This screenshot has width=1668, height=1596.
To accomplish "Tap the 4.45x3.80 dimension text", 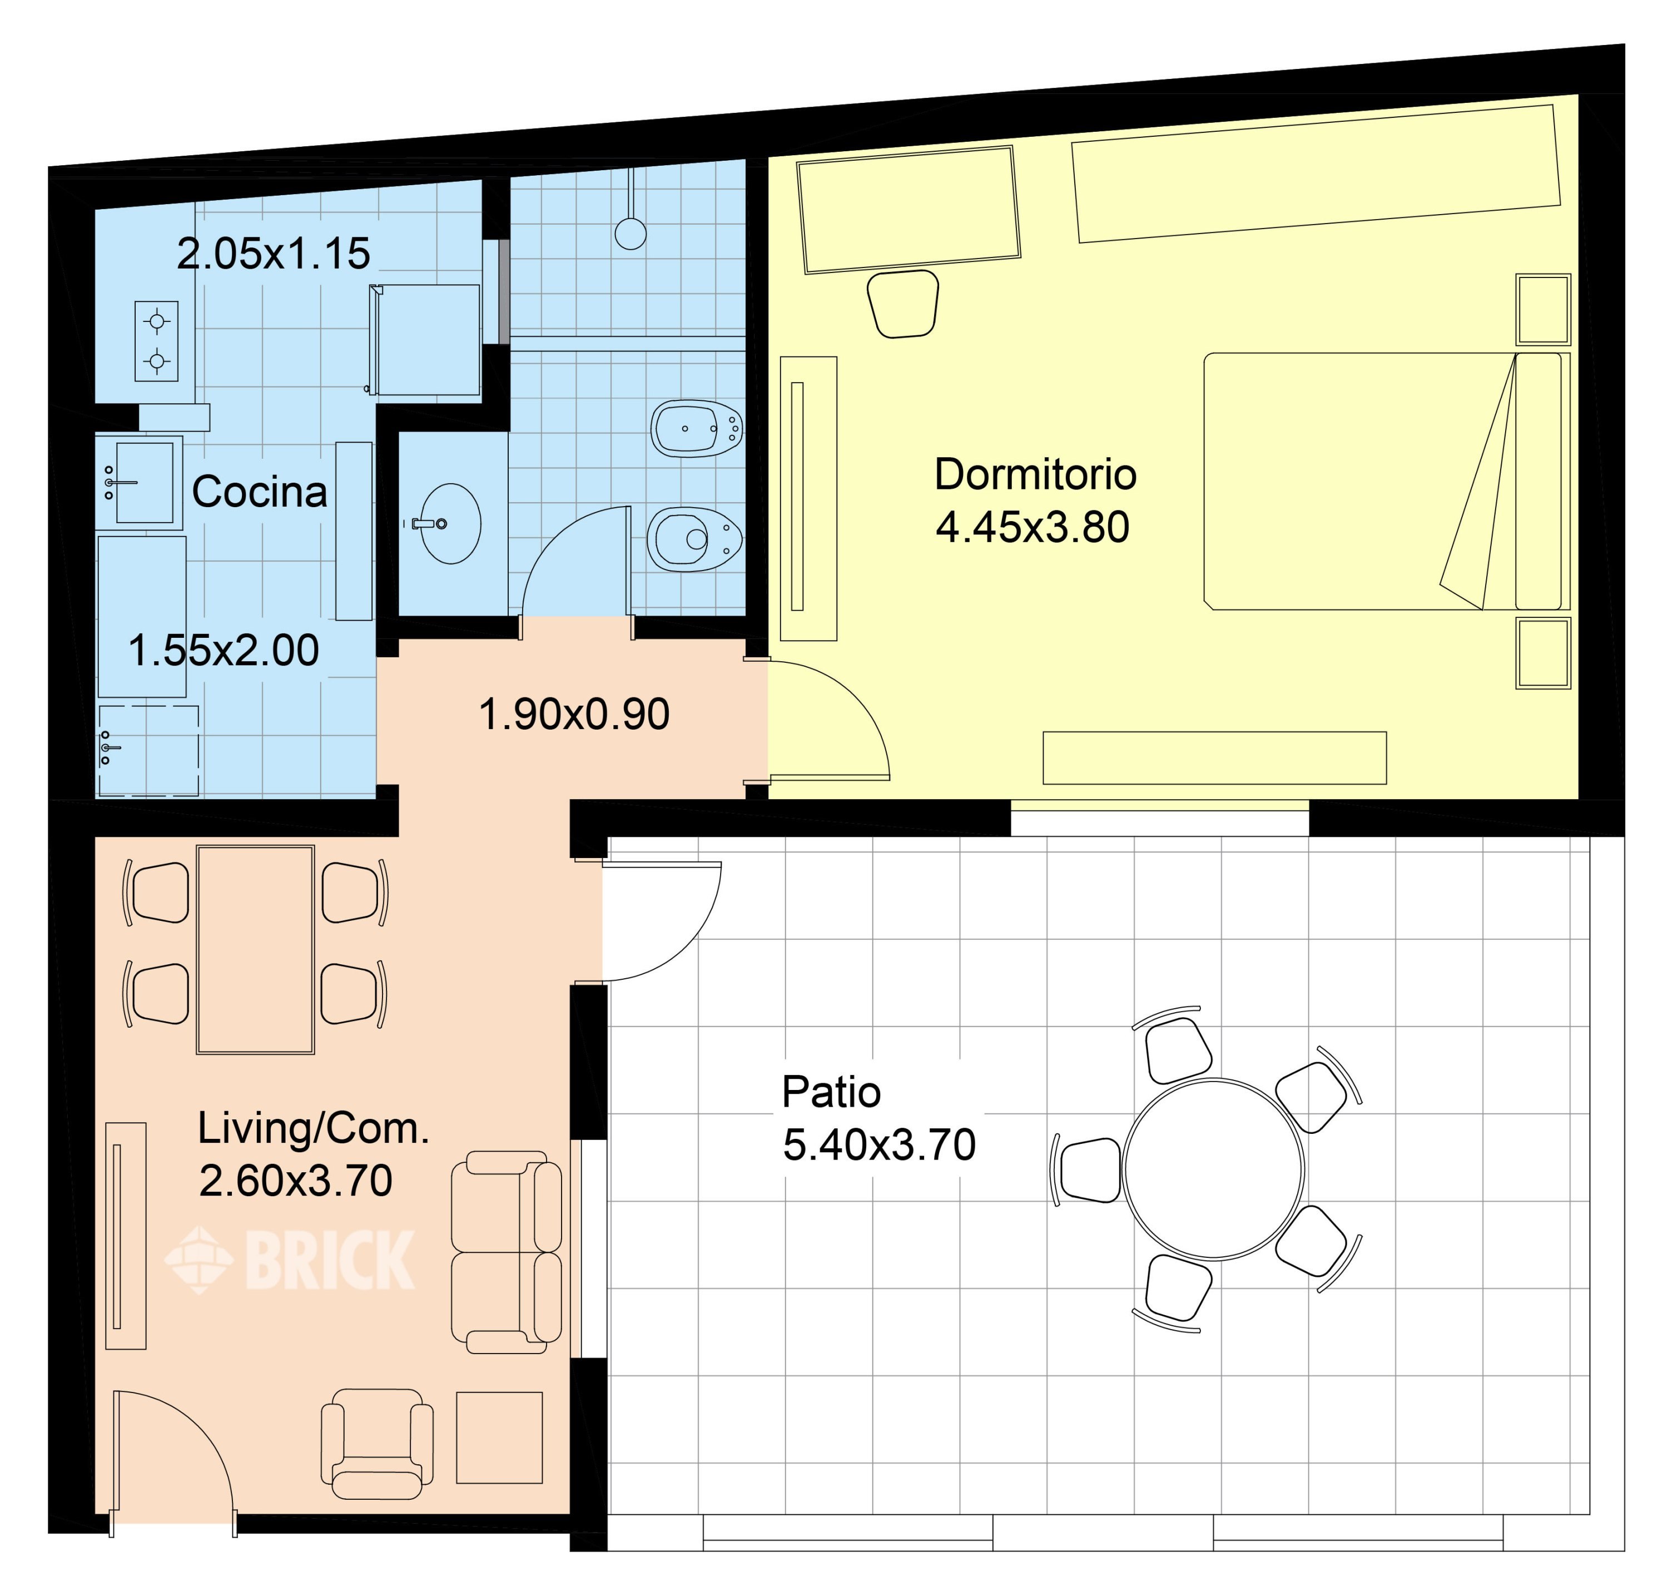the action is pos(1032,528).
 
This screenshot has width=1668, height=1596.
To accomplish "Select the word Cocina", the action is pos(260,492).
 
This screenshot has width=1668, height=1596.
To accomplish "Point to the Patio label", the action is pos(831,1092).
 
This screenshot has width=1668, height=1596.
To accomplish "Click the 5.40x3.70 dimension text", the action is pos(878,1145).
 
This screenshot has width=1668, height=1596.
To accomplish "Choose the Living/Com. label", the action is pos(313,1129).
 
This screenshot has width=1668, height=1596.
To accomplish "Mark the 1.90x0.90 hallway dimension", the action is pos(574,715).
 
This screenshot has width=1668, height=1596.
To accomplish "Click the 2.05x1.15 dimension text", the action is pos(273,254).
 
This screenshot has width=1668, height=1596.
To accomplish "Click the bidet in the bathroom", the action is pos(696,429).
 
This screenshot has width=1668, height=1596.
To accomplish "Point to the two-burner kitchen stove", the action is pos(156,341).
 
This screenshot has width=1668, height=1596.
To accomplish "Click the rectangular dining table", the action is pos(255,949).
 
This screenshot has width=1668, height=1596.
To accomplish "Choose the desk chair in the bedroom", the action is pos(902,304).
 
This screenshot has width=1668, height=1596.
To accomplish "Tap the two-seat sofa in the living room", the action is pos(506,1252).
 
